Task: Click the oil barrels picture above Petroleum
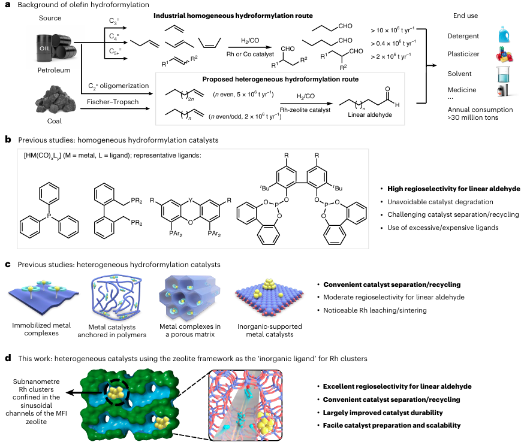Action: (55, 46)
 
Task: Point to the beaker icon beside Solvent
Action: (502, 74)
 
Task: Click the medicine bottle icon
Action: (502, 92)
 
